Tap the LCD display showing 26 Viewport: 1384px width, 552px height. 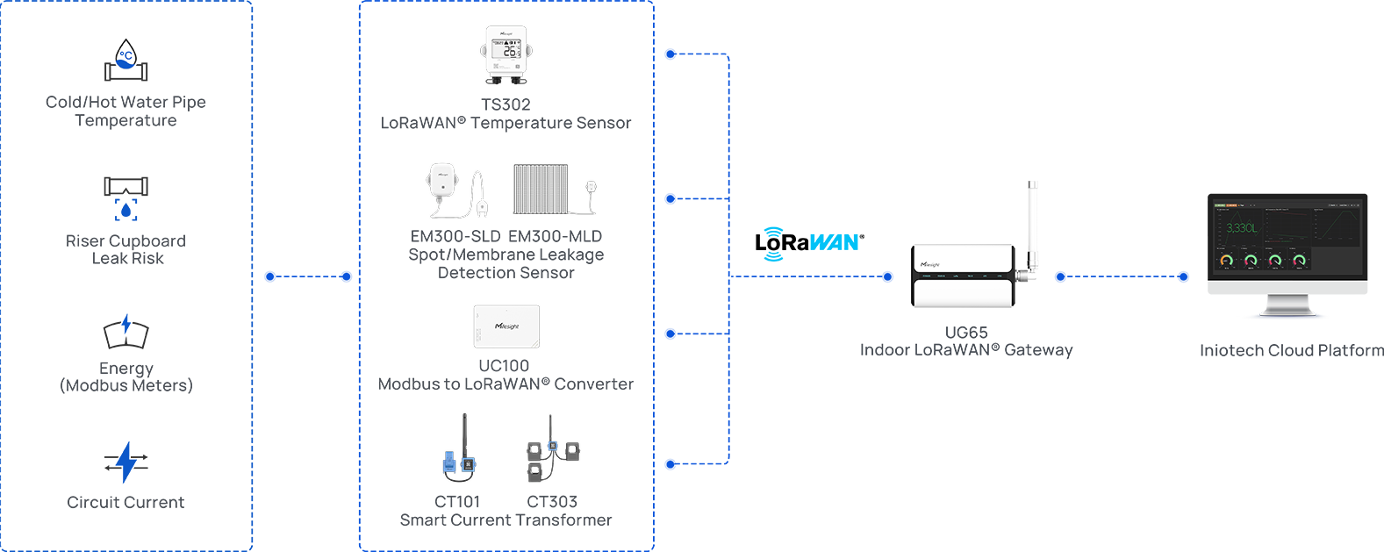(x=505, y=49)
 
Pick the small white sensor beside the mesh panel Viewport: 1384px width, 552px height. (x=592, y=188)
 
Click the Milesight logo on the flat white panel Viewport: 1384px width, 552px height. (x=506, y=326)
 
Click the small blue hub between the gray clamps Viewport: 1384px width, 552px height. (x=553, y=447)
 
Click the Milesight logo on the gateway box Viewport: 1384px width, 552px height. (x=929, y=263)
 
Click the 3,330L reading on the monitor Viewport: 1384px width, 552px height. (x=1242, y=228)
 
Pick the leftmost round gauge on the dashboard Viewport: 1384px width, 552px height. (x=1226, y=260)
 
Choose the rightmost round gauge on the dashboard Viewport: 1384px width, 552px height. (x=1300, y=260)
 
